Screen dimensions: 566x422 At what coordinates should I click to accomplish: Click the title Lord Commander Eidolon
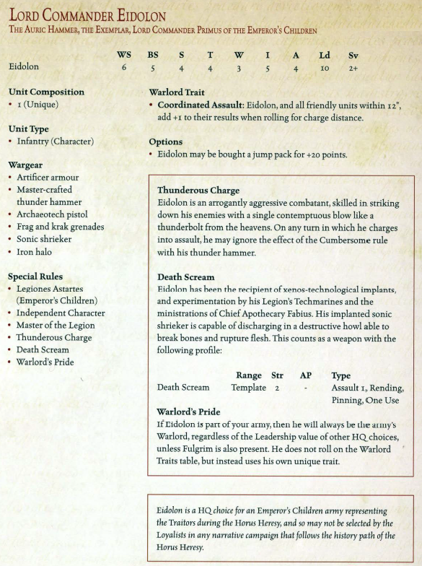(x=87, y=15)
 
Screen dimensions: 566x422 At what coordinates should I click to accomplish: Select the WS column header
(x=124, y=55)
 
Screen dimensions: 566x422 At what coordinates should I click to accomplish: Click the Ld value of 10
(x=325, y=68)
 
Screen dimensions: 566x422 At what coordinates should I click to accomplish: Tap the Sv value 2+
(x=353, y=68)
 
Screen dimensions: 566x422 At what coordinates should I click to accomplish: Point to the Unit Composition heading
(x=46, y=92)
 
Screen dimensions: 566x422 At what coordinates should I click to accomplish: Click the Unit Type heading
(x=28, y=129)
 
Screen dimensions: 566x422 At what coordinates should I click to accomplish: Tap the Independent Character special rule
(x=61, y=313)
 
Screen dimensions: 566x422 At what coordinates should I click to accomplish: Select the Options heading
(x=165, y=141)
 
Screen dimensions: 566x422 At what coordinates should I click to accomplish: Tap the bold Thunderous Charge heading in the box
(x=198, y=191)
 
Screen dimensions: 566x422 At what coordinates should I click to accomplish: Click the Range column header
(x=249, y=375)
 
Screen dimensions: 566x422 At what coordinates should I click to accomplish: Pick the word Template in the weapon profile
(x=249, y=388)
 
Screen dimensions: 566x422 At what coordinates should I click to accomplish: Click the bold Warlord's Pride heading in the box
(x=188, y=412)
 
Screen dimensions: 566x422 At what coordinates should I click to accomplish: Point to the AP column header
(x=305, y=375)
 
